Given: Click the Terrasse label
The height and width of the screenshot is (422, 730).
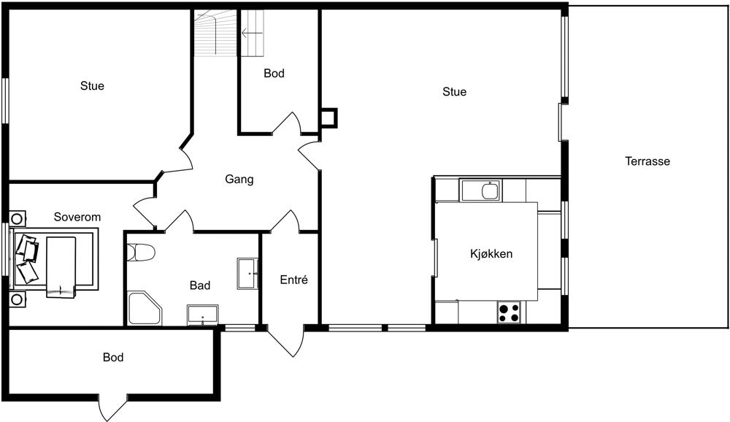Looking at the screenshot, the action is [x=647, y=161].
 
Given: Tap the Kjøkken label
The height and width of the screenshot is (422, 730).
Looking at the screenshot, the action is [x=491, y=254].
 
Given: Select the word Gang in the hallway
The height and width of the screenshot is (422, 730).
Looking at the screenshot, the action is [x=239, y=180].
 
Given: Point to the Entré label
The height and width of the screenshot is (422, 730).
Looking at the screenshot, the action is [x=293, y=280].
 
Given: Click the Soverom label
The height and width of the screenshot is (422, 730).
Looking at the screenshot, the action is [x=77, y=217].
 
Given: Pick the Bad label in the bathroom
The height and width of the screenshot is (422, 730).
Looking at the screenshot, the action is [x=200, y=285].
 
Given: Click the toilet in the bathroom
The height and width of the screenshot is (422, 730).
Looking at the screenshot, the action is [x=141, y=253].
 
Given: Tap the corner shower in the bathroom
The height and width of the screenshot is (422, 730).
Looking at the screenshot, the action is [x=145, y=308].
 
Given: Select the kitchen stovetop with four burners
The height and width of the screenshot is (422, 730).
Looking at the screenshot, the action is [x=508, y=312].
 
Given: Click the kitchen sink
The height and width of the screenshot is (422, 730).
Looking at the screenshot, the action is [x=490, y=191].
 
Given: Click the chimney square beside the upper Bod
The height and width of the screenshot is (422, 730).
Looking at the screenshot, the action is [x=328, y=118].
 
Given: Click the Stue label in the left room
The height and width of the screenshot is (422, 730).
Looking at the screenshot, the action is [x=92, y=86].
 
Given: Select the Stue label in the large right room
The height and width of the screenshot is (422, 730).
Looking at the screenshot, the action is [x=454, y=92].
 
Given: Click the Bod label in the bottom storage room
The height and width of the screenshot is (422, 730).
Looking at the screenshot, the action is [x=113, y=358].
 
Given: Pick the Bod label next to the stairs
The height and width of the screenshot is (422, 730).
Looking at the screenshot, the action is [x=274, y=74].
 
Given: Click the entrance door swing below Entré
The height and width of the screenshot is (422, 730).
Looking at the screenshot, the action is [x=286, y=341].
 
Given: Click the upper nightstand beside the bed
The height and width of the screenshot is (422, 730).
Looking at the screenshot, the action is [x=18, y=218].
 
